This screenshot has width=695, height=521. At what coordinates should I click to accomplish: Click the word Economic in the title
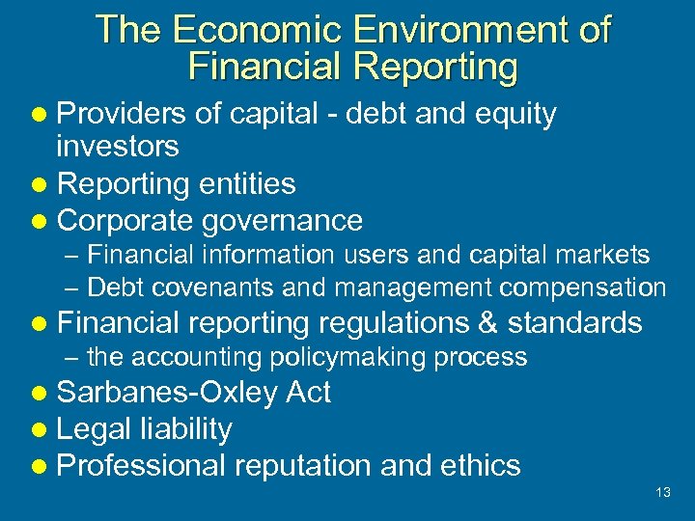(242, 30)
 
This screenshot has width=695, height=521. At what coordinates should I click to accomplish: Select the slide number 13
(662, 492)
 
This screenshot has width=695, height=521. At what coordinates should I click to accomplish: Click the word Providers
(121, 114)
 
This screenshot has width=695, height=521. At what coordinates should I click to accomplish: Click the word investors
(118, 147)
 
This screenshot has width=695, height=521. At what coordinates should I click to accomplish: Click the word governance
(283, 220)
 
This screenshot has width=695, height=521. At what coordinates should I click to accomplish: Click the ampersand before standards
(485, 322)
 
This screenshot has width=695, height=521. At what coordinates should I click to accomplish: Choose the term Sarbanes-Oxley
(167, 393)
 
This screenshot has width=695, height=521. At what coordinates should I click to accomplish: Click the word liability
(184, 429)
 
